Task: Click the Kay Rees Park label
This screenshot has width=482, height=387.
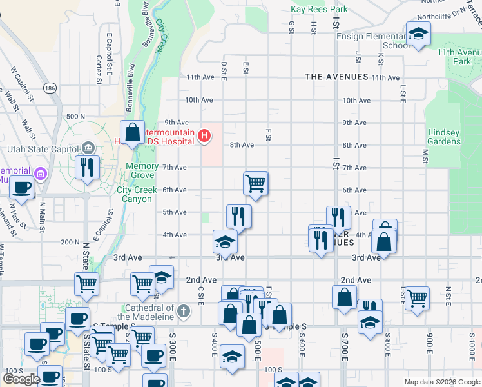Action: [x=319, y=9]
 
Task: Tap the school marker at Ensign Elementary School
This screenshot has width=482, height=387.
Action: [x=418, y=34]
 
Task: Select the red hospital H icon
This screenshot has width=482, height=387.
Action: [x=204, y=135]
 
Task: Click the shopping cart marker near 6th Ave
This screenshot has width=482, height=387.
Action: [x=256, y=183]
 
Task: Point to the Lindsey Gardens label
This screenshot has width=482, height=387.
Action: [x=444, y=137]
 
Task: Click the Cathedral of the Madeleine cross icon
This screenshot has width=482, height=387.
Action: [x=183, y=312]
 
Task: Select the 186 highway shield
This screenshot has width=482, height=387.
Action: [x=50, y=87]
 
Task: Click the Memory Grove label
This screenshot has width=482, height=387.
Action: [x=142, y=170]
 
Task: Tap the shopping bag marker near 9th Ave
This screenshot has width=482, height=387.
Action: [x=132, y=133]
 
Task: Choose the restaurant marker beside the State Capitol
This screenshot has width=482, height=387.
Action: [x=85, y=168]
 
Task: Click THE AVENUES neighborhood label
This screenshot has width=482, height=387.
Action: [x=336, y=77]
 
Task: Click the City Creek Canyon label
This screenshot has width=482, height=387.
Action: [x=134, y=195]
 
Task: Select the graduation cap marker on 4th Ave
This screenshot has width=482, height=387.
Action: [x=225, y=241]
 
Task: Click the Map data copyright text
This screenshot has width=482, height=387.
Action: [x=442, y=382]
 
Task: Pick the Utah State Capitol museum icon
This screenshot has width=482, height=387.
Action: [x=88, y=148]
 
